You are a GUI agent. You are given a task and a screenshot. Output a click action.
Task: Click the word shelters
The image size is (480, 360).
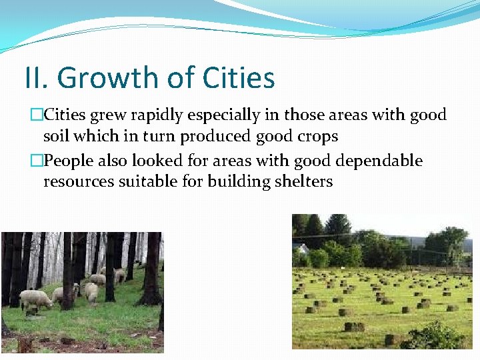[x=305, y=181]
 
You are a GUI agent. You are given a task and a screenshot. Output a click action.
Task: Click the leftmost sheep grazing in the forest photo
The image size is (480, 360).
[x=37, y=299]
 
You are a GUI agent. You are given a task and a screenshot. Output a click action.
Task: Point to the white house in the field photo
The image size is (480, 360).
[x=301, y=248]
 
